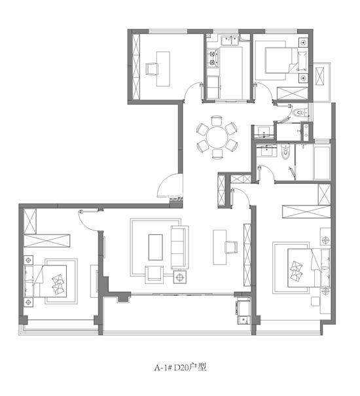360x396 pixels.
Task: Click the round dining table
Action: pyautogui.click(x=217, y=137)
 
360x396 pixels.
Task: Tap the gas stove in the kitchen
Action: pyautogui.click(x=213, y=58)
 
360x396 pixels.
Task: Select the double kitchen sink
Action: pyautogui.click(x=230, y=41)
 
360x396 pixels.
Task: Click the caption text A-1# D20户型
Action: pyautogui.click(x=181, y=367)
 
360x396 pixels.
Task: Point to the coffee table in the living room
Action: pyautogui.click(x=155, y=247)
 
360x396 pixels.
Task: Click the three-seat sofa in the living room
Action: pyautogui.click(x=180, y=247)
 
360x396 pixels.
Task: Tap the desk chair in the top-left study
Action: pyautogui.click(x=152, y=69)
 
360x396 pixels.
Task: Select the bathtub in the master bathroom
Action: pyautogui.click(x=322, y=163)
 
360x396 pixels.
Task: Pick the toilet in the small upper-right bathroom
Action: pyautogui.click(x=300, y=113)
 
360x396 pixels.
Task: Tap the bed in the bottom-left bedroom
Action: pyautogui.click(x=45, y=281)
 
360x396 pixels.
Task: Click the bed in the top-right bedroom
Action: pyautogui.click(x=285, y=61)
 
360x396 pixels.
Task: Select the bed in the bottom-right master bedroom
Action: pyautogui.click(x=309, y=268)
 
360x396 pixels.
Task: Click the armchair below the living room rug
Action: pyautogui.click(x=154, y=274)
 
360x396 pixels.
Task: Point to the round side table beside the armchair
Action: pyautogui.click(x=179, y=277)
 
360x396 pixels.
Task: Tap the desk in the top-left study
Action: pyautogui.click(x=163, y=69)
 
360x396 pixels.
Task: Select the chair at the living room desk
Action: pyautogui.click(x=231, y=247)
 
